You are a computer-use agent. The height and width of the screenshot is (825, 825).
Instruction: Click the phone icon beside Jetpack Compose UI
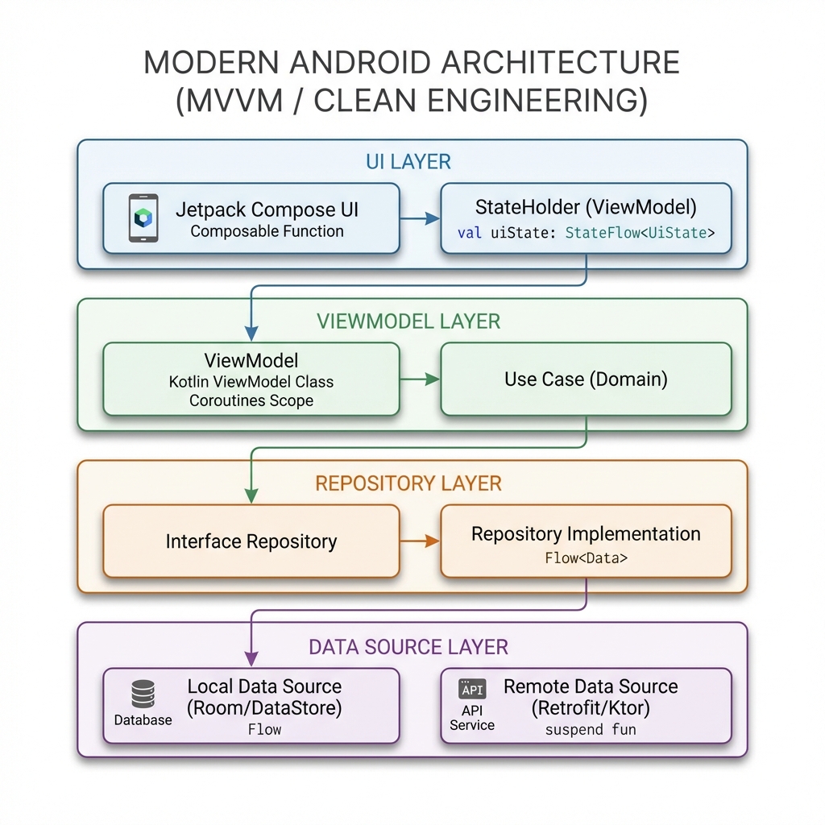[x=143, y=218]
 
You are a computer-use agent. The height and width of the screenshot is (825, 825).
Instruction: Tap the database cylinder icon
[x=143, y=694]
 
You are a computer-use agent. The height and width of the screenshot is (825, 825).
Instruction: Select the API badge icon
[x=472, y=689]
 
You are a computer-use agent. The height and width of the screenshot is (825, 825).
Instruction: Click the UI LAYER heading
[x=408, y=161]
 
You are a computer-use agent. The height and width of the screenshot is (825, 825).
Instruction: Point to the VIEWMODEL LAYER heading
[x=408, y=321]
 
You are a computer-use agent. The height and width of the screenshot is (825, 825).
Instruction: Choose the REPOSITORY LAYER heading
[x=408, y=483]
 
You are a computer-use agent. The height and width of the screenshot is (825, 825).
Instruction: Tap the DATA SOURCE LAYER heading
[x=408, y=646]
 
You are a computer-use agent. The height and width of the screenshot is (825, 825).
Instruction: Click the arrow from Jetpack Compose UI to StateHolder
[x=420, y=218]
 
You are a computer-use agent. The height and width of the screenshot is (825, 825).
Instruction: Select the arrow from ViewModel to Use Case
[x=420, y=379]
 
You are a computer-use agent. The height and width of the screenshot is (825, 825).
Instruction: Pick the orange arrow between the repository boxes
[x=420, y=541]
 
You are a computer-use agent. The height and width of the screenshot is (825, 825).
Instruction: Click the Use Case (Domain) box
[x=586, y=379]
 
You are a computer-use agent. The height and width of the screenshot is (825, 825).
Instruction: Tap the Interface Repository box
[x=251, y=541]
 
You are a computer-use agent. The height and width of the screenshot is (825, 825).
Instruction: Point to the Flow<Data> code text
[x=586, y=557]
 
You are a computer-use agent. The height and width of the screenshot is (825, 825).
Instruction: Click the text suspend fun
[x=591, y=730]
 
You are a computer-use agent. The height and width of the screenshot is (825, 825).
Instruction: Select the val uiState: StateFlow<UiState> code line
[x=586, y=234]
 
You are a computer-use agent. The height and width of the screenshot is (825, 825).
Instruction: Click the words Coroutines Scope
[x=251, y=400]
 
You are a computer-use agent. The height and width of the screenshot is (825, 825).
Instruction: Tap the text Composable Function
[x=267, y=232]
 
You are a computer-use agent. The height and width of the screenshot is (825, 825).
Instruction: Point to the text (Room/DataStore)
[x=264, y=709]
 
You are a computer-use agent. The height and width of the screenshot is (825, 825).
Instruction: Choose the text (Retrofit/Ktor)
[x=591, y=709]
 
